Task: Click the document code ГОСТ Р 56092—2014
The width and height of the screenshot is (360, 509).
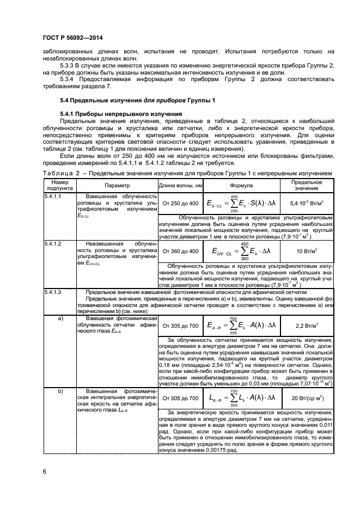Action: pyautogui.click(x=66, y=38)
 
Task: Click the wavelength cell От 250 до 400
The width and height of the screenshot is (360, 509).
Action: pyautogui.click(x=180, y=203)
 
